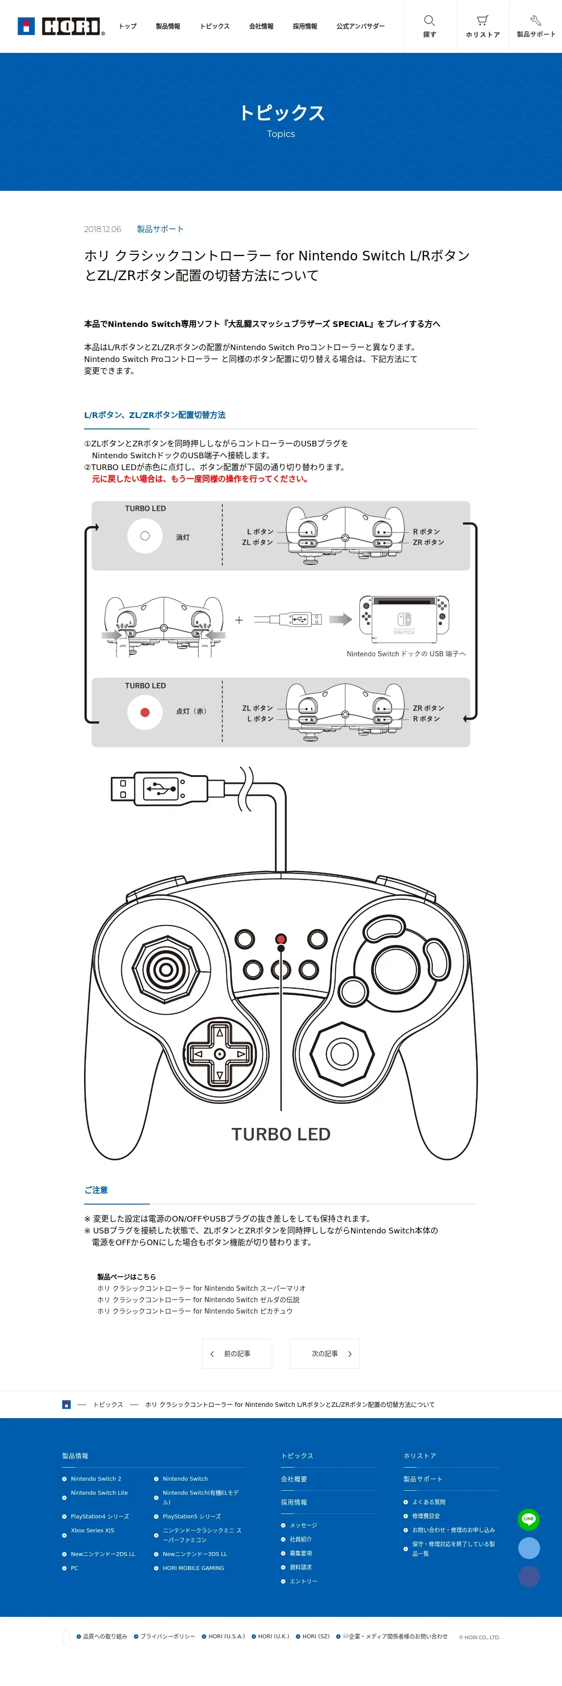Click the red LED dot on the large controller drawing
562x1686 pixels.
coord(281,938)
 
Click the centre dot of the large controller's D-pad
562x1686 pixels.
coord(220,1054)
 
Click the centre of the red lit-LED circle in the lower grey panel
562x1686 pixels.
coord(145,713)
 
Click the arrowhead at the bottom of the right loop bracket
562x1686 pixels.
coord(466,719)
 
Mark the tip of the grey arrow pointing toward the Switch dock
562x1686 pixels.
coord(352,619)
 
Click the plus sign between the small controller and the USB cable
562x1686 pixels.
coord(239,620)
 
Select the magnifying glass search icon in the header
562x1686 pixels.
coord(429,20)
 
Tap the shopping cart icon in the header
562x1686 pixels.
coord(482,20)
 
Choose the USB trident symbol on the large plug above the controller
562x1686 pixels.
coord(160,789)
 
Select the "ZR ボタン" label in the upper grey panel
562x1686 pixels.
coord(429,542)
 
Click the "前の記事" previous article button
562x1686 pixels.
coord(237,1353)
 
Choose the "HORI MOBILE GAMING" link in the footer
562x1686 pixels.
coord(193,1568)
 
